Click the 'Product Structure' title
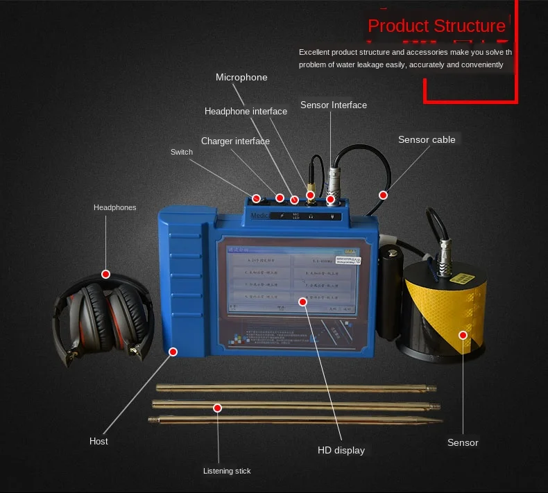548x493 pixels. pos(436,26)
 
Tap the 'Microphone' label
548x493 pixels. pos(241,78)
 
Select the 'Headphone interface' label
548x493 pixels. pos(246,111)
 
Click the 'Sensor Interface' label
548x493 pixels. pos(334,105)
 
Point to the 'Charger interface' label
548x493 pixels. pos(235,141)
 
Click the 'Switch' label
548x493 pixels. pos(182,153)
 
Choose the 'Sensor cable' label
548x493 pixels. pos(427,140)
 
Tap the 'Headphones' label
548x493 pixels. pos(115,207)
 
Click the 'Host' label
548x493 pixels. pos(99,441)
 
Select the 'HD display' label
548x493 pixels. pos(341,450)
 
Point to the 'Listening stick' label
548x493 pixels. pos(227,471)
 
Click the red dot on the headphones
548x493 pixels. pos(106,274)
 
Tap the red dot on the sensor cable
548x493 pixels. pos(382,195)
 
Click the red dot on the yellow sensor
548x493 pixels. pos(463,335)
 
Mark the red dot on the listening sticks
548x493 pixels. pos(217,408)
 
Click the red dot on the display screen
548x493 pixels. pos(302,301)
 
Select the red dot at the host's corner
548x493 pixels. pos(172,352)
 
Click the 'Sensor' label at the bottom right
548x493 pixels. pos(463,442)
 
